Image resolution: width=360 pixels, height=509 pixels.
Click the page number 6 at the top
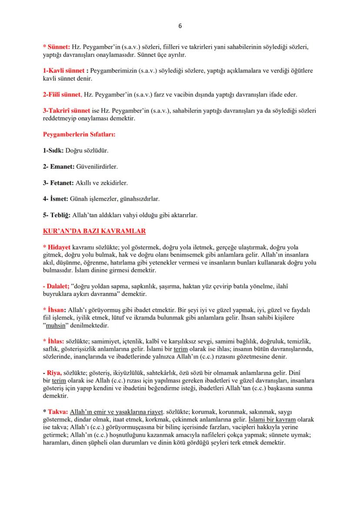point(180,26)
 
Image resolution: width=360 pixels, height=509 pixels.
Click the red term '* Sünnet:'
point(57,46)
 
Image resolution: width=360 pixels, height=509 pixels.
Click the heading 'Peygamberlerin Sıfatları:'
point(79,135)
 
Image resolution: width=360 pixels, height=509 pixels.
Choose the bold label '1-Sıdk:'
point(53,151)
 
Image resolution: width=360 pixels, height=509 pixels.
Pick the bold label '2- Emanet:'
point(59,167)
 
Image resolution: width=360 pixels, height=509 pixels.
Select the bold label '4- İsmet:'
point(56,199)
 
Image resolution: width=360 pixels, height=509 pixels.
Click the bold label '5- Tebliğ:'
point(57,215)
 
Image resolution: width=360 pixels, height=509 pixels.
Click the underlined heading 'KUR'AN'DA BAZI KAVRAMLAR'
point(94,231)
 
